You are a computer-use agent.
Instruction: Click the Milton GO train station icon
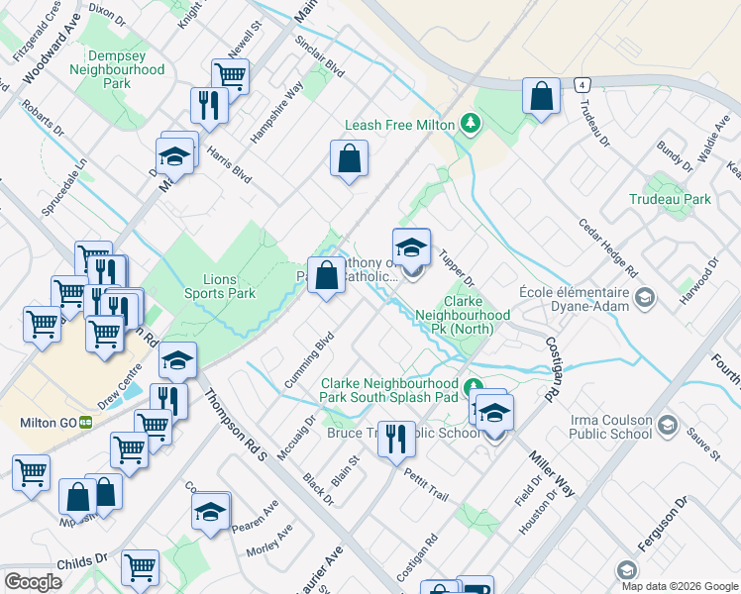pos(86,422)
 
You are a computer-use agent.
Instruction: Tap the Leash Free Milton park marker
pos(472,125)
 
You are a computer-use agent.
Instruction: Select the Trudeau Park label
pos(670,199)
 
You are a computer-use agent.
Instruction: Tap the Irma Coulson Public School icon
pos(668,425)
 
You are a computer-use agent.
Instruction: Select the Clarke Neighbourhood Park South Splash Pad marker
pos(474,386)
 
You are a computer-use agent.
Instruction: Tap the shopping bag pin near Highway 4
pos(540,97)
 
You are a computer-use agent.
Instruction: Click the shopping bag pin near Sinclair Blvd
pos(349,158)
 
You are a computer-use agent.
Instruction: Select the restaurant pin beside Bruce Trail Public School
pos(396,439)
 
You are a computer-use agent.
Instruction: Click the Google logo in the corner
pos(33,582)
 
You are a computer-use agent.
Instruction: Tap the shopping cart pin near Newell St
pos(230,74)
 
